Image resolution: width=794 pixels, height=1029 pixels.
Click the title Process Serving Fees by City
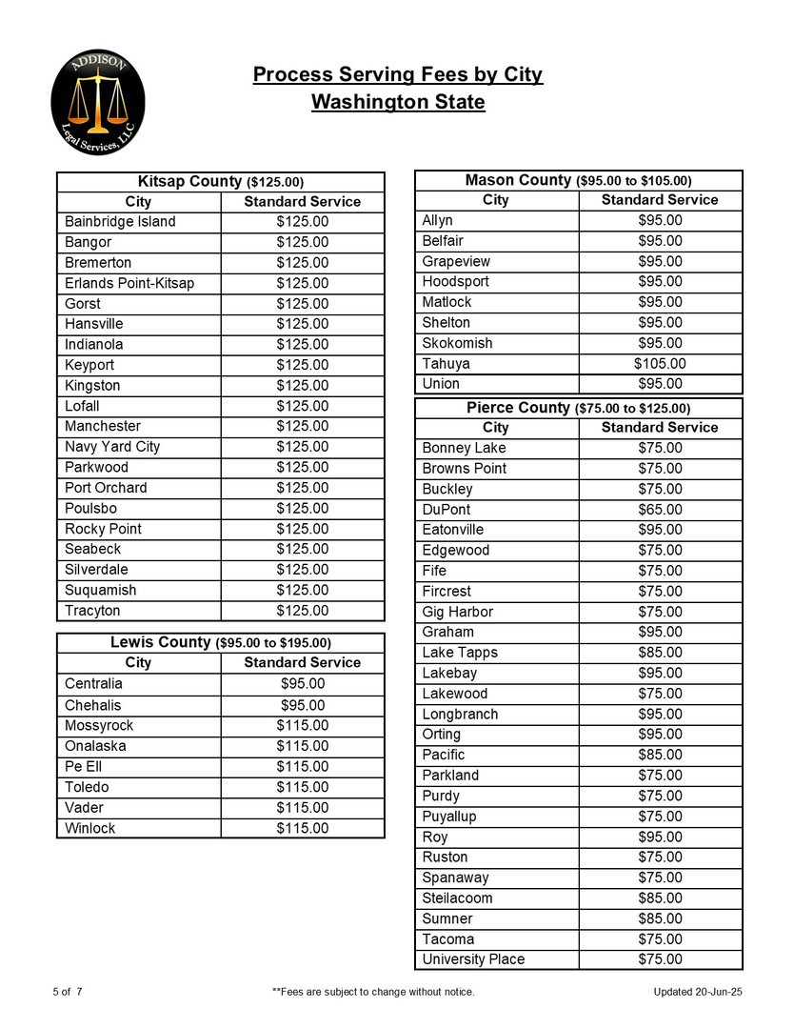pos(397,75)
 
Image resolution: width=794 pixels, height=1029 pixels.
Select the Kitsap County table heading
pos(220,181)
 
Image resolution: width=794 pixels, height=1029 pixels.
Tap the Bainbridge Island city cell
pos(120,222)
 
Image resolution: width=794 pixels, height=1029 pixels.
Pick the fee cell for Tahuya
pos(660,364)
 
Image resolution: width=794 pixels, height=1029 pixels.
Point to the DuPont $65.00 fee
pos(660,510)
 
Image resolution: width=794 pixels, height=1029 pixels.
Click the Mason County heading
pos(578,180)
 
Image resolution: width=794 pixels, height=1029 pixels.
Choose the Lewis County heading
pos(220,642)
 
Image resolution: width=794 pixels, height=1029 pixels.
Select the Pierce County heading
pos(578,408)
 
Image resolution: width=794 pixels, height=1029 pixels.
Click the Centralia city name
pos(93,684)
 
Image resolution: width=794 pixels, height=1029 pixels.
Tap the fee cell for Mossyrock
pos(303,726)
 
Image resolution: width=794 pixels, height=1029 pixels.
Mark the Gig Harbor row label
pos(457,612)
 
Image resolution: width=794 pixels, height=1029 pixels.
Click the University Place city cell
pos(473,959)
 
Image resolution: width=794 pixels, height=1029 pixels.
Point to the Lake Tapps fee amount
pos(660,653)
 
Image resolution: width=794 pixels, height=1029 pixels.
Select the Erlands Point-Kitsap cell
pos(129,284)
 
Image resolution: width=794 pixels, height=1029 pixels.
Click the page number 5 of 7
pos(68,993)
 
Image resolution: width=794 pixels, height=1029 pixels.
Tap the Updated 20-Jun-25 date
pos(698,993)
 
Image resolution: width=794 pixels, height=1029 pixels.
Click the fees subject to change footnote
pos(373,993)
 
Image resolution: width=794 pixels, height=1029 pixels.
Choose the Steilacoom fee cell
pos(660,898)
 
